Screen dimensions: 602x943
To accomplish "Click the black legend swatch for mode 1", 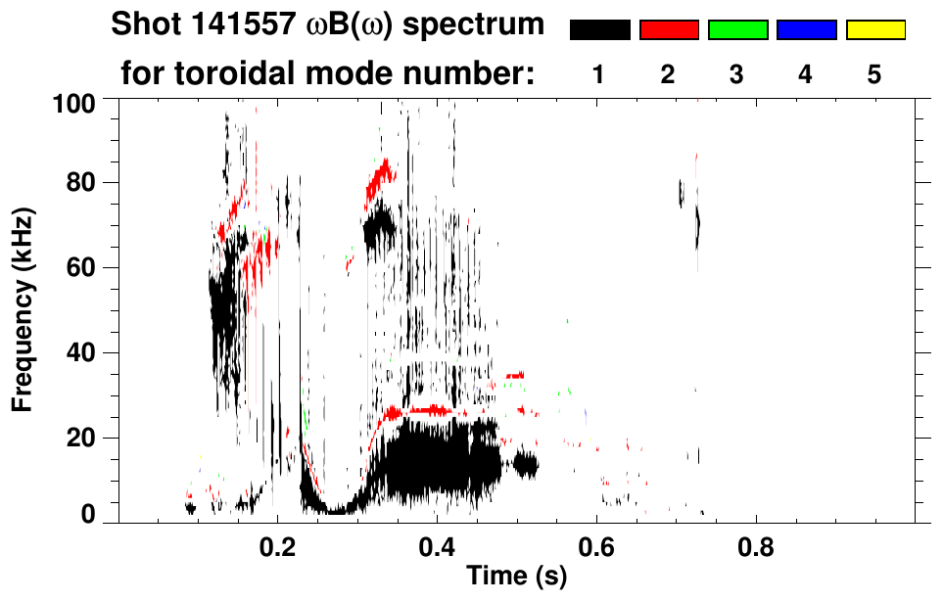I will (599, 30).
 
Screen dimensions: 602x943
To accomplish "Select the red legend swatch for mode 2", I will (669, 30).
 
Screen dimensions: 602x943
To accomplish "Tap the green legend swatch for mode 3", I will (737, 30).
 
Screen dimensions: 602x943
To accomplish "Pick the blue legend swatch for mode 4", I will (806, 30).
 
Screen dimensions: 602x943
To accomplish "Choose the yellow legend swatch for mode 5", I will (875, 30).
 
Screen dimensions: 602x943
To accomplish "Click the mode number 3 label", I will (737, 74).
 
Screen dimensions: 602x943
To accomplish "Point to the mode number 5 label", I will (875, 74).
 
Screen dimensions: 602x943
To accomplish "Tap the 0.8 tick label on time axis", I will (755, 545).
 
